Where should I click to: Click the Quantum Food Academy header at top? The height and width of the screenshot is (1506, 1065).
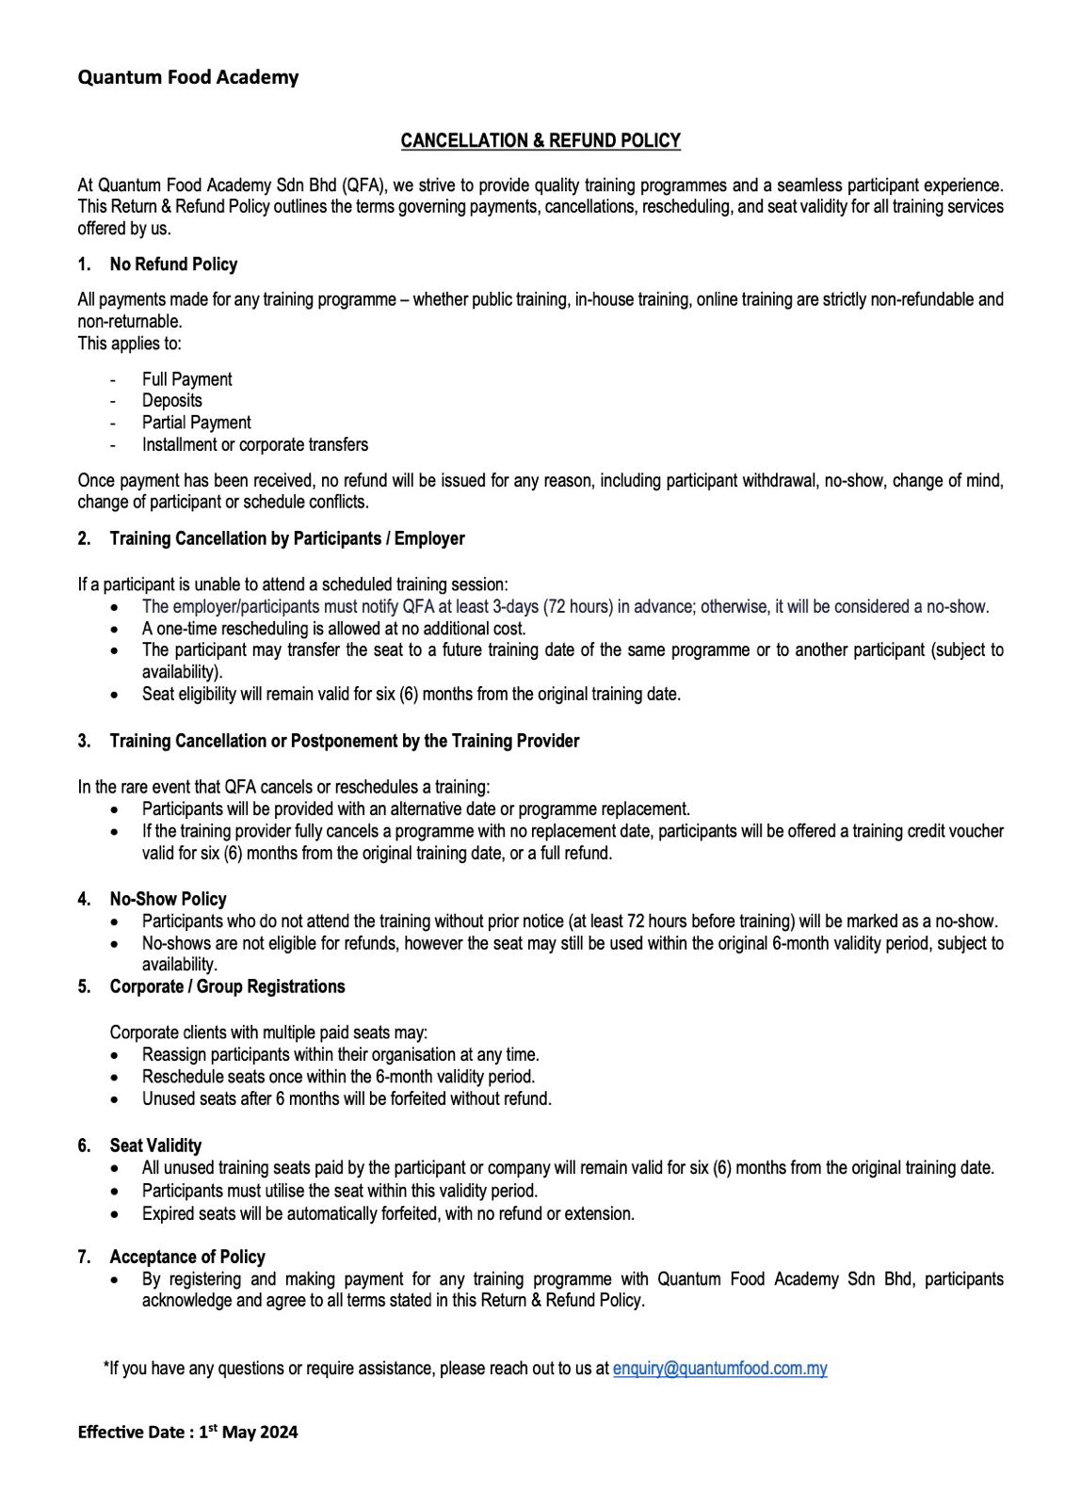[x=188, y=77]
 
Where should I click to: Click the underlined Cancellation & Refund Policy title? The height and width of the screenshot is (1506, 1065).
[x=541, y=140]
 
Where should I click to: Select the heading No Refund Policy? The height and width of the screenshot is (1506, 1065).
[x=173, y=264]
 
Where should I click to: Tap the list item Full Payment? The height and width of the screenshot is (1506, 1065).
[x=186, y=379]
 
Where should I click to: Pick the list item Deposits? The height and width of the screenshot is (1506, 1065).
[x=171, y=400]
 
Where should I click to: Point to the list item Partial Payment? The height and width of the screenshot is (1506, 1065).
[x=196, y=423]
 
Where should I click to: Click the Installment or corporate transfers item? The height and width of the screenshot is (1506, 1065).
[x=254, y=444]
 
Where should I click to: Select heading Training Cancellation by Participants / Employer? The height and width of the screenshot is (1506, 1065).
[x=287, y=538]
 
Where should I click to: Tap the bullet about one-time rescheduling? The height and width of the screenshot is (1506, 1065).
[x=333, y=629]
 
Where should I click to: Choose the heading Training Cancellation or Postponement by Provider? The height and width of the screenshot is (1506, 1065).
[x=344, y=741]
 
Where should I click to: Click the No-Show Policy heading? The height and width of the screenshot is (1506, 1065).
[x=168, y=899]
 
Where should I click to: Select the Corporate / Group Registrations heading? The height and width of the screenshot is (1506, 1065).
[x=227, y=986]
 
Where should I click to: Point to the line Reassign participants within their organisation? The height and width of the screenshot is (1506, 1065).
[x=340, y=1055]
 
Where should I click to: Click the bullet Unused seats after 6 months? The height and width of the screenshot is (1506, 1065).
[x=347, y=1098]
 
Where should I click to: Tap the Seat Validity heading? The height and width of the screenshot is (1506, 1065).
[x=155, y=1146]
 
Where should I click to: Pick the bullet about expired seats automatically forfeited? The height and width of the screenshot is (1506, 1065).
[x=388, y=1214]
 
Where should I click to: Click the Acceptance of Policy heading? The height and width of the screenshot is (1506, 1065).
[x=187, y=1257]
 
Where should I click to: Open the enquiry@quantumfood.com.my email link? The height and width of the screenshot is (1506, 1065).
[x=719, y=1369]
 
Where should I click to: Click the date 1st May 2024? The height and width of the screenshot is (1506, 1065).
[x=248, y=1433]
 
